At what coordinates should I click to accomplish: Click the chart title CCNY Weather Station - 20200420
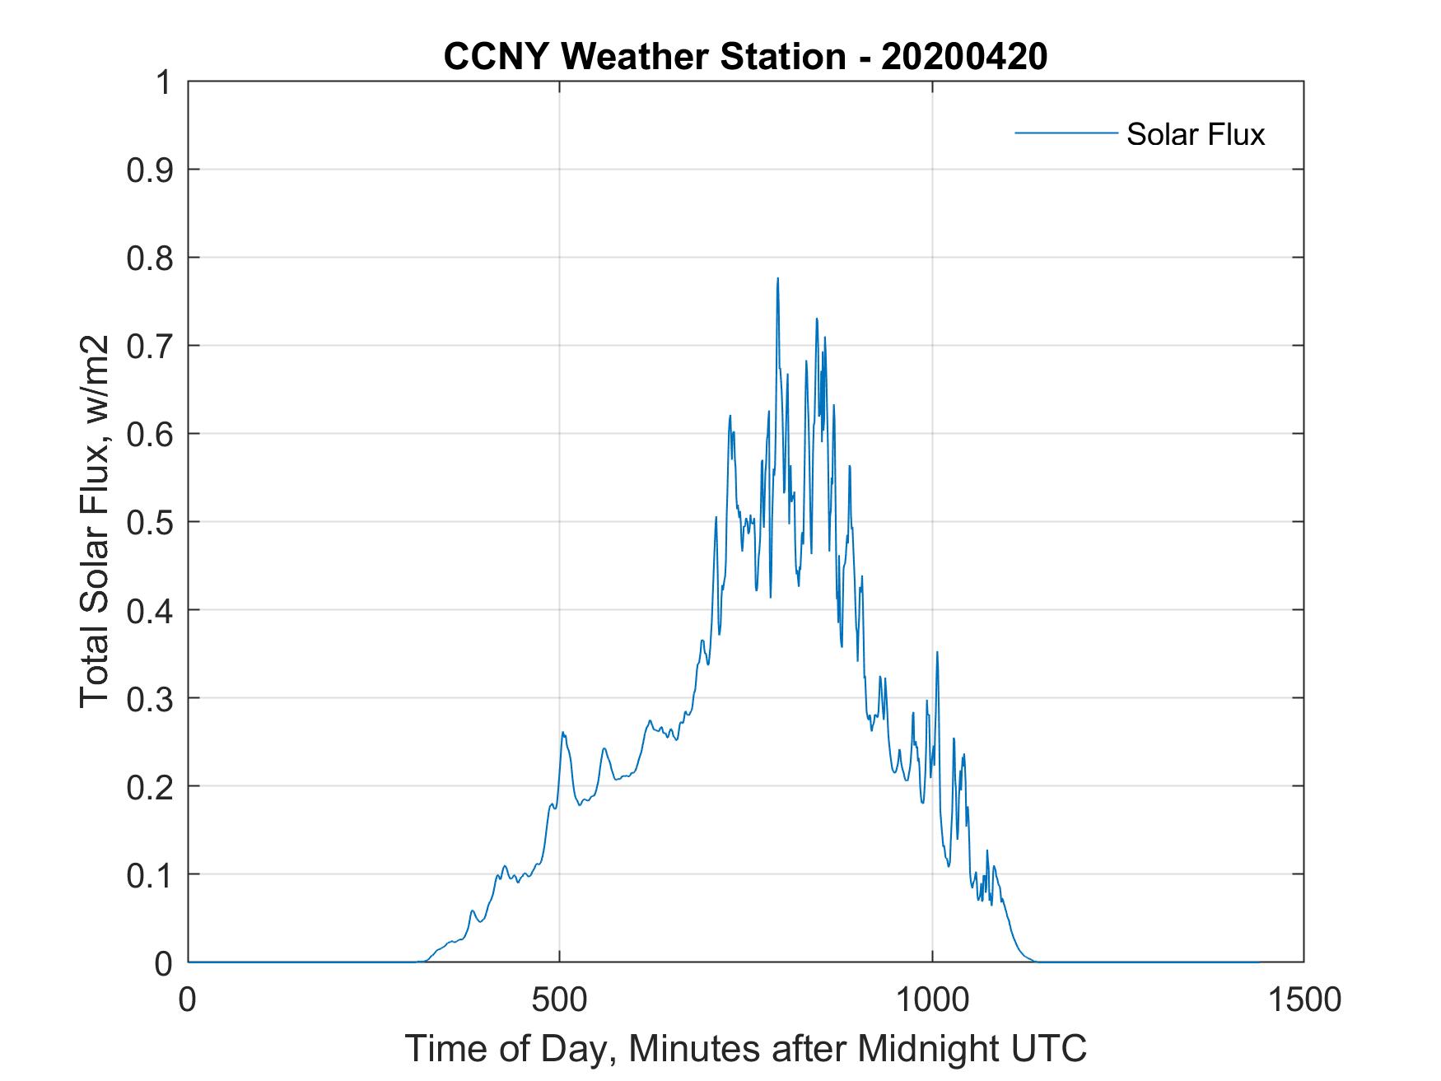(x=745, y=57)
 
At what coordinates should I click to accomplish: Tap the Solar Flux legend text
(x=1195, y=134)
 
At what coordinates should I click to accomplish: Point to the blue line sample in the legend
(x=1066, y=133)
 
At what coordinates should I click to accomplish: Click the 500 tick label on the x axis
(x=560, y=999)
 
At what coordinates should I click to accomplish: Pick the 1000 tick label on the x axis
(x=932, y=999)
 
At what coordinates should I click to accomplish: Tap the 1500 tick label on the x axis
(x=1303, y=999)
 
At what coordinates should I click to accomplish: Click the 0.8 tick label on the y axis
(x=152, y=259)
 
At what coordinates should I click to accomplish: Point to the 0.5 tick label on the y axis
(x=152, y=522)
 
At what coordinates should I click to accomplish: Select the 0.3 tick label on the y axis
(x=152, y=698)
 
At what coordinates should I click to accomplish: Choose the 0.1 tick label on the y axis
(x=152, y=874)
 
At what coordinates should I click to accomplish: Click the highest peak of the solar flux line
(x=777, y=279)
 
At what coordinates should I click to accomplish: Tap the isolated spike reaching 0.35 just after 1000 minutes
(x=937, y=653)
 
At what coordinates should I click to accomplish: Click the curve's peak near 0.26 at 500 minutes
(x=563, y=732)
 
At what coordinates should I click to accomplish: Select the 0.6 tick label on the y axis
(x=152, y=434)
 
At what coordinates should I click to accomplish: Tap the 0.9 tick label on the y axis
(x=152, y=170)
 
